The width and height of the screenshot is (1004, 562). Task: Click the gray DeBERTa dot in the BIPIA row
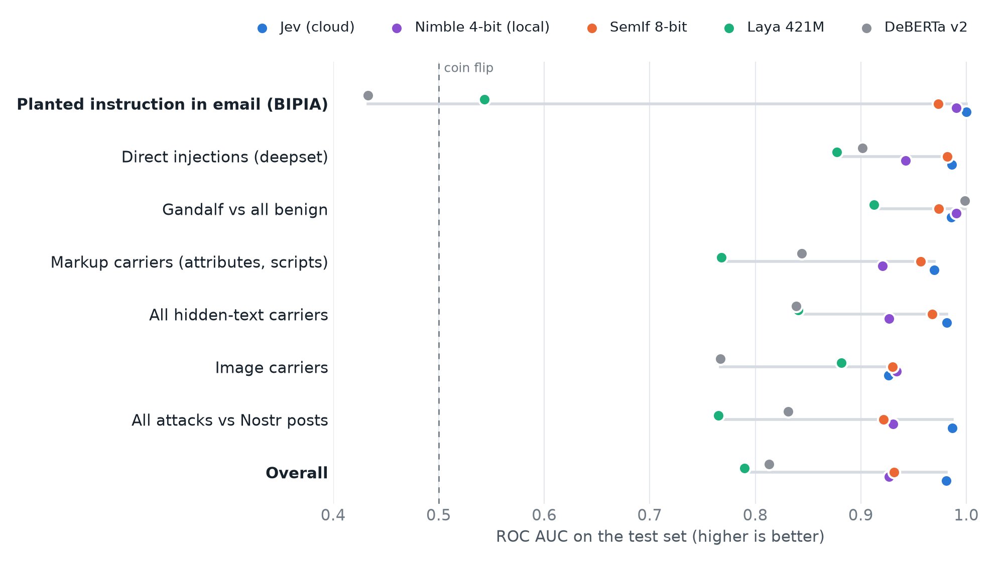[368, 96]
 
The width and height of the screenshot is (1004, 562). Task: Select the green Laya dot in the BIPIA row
[484, 100]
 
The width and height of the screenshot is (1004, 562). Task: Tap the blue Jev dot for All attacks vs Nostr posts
[952, 429]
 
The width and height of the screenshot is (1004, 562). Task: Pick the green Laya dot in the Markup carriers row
[721, 258]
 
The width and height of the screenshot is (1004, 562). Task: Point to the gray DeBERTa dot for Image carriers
[720, 359]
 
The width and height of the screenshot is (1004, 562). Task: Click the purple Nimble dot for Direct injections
[906, 161]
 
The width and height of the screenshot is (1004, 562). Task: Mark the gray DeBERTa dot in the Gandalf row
[965, 201]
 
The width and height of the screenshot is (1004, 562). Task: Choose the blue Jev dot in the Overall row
[946, 481]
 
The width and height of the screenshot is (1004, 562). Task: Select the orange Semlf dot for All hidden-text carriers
[932, 315]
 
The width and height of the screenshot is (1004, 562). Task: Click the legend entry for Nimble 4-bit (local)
[470, 27]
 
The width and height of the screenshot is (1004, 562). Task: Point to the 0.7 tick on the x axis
[650, 515]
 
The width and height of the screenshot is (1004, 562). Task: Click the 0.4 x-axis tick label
[333, 515]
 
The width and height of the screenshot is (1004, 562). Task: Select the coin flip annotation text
[469, 68]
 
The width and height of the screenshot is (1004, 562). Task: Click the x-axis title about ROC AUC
[660, 537]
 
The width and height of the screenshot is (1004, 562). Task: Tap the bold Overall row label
[297, 473]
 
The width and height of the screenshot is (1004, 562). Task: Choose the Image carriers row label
[272, 368]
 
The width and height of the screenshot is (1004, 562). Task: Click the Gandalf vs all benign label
[245, 210]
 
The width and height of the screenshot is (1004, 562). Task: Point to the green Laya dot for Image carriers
[841, 363]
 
